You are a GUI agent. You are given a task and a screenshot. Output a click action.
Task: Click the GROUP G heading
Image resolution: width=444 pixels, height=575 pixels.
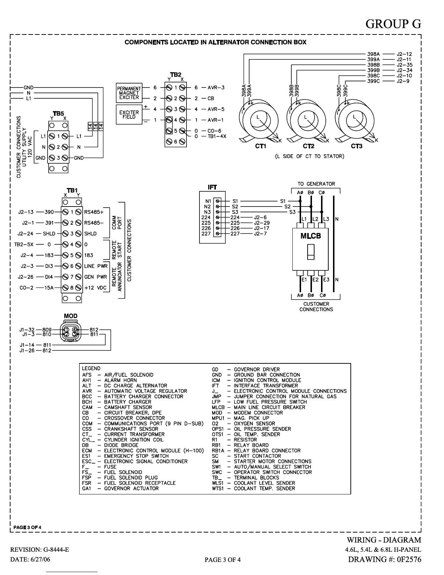(393, 24)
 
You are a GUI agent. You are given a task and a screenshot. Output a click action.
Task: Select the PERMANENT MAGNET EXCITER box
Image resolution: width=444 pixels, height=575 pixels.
(129, 93)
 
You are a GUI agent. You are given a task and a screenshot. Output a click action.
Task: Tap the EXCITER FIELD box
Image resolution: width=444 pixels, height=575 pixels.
(129, 115)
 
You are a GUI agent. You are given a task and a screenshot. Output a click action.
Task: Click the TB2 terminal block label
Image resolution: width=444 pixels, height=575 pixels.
(176, 74)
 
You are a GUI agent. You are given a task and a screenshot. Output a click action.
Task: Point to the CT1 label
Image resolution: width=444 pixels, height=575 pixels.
(260, 146)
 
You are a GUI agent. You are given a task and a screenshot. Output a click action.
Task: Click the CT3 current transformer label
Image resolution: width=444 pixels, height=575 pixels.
(357, 146)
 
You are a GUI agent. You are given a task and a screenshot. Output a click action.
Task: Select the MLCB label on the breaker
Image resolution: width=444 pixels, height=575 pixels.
(311, 236)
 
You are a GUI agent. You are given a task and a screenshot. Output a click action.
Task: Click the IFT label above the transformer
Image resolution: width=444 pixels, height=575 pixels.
(212, 187)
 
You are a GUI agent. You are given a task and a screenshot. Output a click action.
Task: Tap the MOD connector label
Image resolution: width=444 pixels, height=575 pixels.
(70, 316)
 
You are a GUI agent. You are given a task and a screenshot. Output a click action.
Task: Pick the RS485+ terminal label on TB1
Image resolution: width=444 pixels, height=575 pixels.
(94, 212)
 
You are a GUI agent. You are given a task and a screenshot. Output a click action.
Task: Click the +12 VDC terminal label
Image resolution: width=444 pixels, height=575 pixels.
(95, 287)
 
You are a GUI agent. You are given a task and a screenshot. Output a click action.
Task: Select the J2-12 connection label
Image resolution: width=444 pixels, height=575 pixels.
(404, 54)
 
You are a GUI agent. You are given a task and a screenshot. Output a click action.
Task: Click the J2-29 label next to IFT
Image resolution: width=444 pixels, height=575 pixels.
(262, 223)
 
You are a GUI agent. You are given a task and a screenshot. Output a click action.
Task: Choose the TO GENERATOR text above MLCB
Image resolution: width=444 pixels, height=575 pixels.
(316, 184)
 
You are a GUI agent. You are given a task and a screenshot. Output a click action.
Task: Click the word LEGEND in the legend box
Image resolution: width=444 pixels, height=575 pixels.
(91, 368)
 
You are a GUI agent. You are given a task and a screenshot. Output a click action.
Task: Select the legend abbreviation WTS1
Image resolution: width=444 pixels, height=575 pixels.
(218, 488)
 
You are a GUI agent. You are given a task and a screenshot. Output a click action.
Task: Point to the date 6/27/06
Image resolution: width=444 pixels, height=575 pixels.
(40, 559)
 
